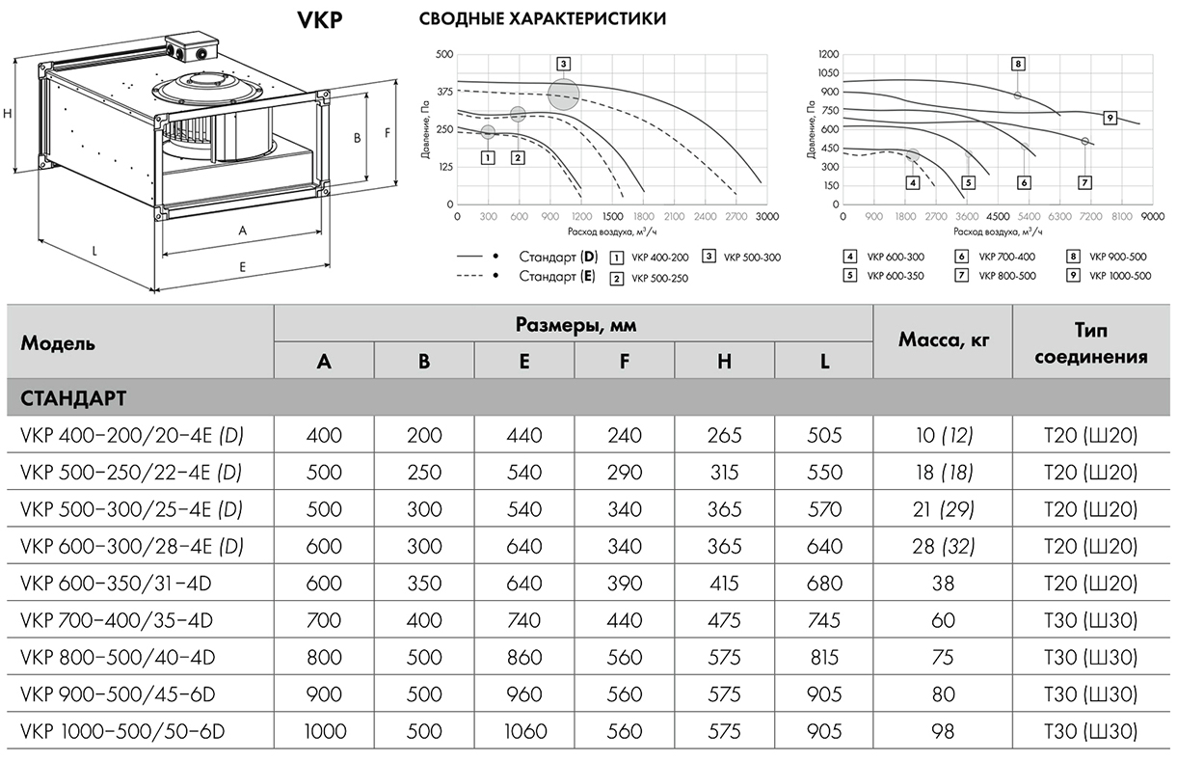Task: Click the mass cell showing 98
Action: tap(943, 731)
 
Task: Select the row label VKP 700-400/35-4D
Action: tap(117, 621)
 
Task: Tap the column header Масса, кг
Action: tap(943, 340)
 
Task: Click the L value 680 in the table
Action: tap(824, 584)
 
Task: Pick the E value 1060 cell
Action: tap(523, 731)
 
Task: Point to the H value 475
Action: tap(724, 621)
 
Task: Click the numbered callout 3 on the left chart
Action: tap(563, 64)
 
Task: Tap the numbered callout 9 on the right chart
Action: tap(1110, 118)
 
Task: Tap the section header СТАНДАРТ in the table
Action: tap(73, 397)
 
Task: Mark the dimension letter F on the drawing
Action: tap(387, 133)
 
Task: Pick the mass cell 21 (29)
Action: tap(943, 509)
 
